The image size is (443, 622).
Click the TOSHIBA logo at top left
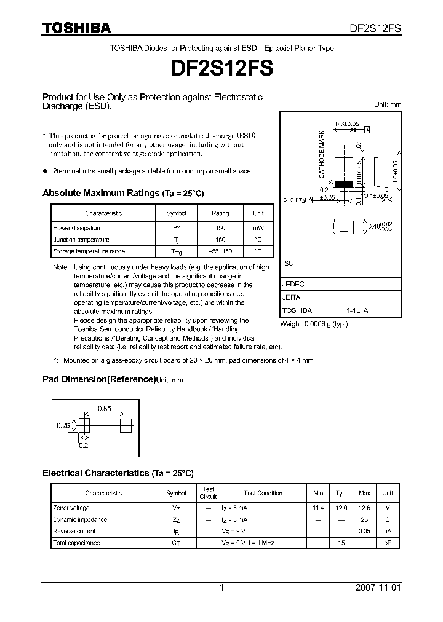76,28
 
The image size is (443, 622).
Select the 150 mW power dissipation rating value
220,228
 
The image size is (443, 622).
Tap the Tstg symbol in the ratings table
176,251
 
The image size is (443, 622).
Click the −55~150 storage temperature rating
220,251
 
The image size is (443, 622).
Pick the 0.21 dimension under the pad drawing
85,446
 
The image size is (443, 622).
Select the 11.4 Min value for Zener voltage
318,508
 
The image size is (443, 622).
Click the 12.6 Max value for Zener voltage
364,508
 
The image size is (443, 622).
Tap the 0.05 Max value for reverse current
364,532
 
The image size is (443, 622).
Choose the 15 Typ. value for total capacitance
341,543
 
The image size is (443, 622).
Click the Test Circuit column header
208,493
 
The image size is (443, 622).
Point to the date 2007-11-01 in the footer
378,588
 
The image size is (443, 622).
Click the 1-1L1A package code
357,310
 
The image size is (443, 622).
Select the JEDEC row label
293,285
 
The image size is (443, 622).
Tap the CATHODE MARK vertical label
321,155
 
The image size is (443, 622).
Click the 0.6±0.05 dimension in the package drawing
348,124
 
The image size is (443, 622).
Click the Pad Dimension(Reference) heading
98,379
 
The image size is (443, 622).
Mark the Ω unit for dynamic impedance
387,520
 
